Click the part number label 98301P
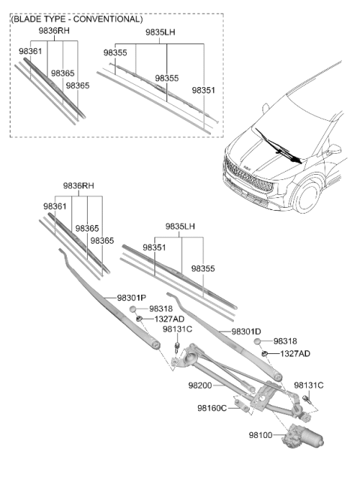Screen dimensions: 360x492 [x=131, y=298]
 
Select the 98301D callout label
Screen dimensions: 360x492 [x=246, y=331]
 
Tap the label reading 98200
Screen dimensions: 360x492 [x=200, y=385]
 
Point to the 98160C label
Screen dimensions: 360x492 [x=211, y=408]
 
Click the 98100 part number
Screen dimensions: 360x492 [x=260, y=435]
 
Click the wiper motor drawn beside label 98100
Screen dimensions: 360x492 [x=302, y=435]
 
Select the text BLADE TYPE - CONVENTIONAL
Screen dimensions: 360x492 [x=77, y=19]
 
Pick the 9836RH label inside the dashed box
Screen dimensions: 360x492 [x=54, y=31]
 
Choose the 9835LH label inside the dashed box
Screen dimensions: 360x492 [x=160, y=32]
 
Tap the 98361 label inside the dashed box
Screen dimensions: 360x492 [x=30, y=51]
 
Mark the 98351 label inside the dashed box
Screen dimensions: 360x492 [x=204, y=90]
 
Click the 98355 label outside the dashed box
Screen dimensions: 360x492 [x=203, y=268]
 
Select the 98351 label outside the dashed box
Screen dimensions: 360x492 [x=154, y=247]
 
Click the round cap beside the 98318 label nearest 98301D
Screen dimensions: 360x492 [x=257, y=342]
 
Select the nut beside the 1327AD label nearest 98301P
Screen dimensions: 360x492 [x=139, y=319]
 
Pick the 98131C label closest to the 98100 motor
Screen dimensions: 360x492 [x=308, y=385]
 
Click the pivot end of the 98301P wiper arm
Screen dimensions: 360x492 [x=155, y=344]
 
